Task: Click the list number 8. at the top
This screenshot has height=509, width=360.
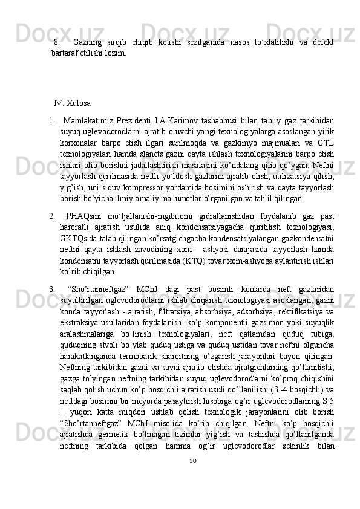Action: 57,42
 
